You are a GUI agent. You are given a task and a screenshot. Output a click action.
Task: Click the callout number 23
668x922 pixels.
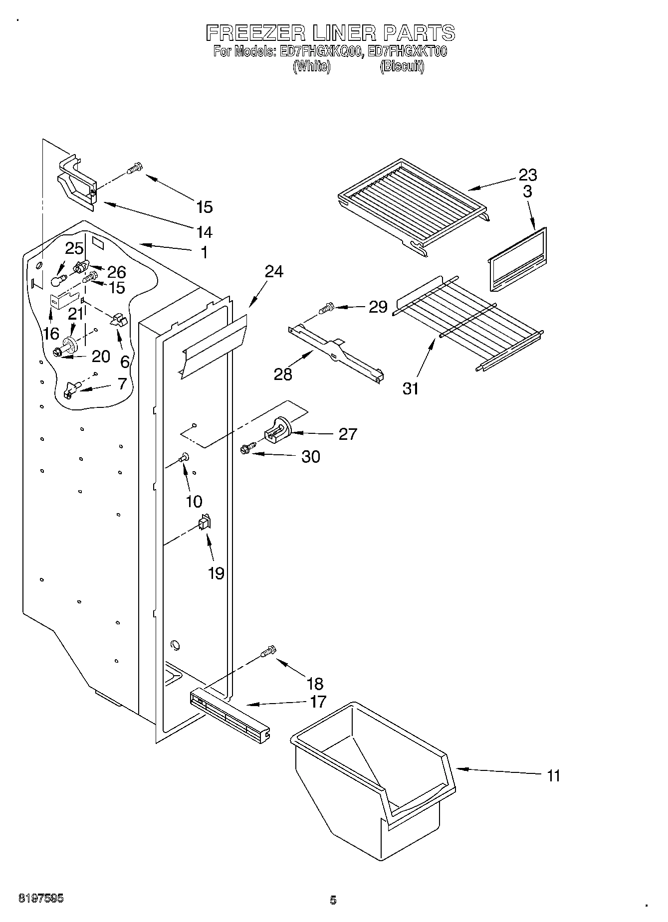click(527, 175)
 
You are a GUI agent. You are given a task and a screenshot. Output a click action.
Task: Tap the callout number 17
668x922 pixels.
click(317, 702)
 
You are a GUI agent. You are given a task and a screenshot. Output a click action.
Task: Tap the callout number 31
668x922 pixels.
click(411, 388)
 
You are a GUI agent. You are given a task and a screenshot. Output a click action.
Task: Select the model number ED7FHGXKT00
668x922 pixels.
click(407, 51)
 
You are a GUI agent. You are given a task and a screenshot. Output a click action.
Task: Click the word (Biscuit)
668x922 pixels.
click(402, 66)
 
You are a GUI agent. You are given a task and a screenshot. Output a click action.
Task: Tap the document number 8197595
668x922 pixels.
click(41, 899)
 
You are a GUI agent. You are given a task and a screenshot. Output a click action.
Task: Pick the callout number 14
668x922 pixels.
click(204, 232)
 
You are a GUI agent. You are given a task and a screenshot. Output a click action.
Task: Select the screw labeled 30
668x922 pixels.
click(246, 449)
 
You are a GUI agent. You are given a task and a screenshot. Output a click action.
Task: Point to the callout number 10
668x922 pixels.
click(194, 501)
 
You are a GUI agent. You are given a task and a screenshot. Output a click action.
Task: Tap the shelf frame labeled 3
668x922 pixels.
click(516, 262)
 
